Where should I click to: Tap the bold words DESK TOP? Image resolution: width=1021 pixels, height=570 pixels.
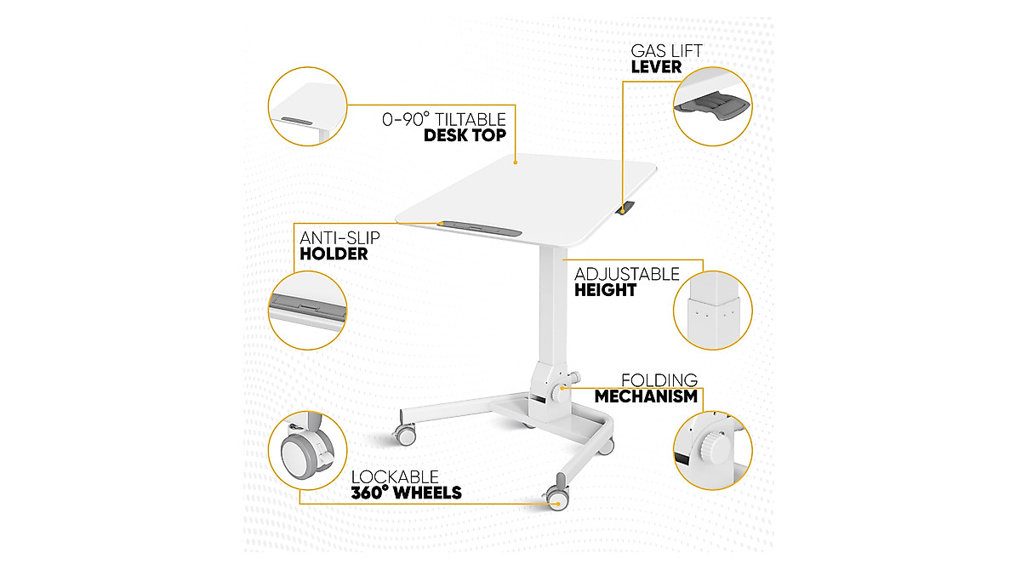click(465, 135)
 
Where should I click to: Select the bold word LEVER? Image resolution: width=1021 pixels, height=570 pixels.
click(656, 66)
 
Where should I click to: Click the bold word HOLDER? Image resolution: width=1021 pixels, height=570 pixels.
click(334, 254)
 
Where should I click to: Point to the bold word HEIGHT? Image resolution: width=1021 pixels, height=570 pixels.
click(605, 290)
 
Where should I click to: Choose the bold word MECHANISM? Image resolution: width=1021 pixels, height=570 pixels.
click(646, 396)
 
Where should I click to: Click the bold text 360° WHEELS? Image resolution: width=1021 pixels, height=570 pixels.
click(407, 493)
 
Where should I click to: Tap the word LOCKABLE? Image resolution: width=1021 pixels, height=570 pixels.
click(396, 477)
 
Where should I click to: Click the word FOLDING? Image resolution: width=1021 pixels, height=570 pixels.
click(659, 380)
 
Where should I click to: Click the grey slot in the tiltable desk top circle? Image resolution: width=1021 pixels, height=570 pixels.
click(298, 119)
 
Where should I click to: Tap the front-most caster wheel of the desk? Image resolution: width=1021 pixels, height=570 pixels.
click(556, 497)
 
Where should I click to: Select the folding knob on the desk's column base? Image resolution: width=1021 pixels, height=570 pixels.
click(562, 392)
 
